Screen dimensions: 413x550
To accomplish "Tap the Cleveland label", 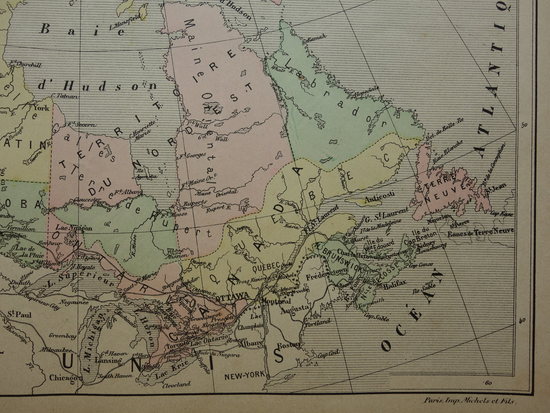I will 176,384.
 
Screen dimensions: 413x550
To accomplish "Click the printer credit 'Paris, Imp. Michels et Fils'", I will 471,400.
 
